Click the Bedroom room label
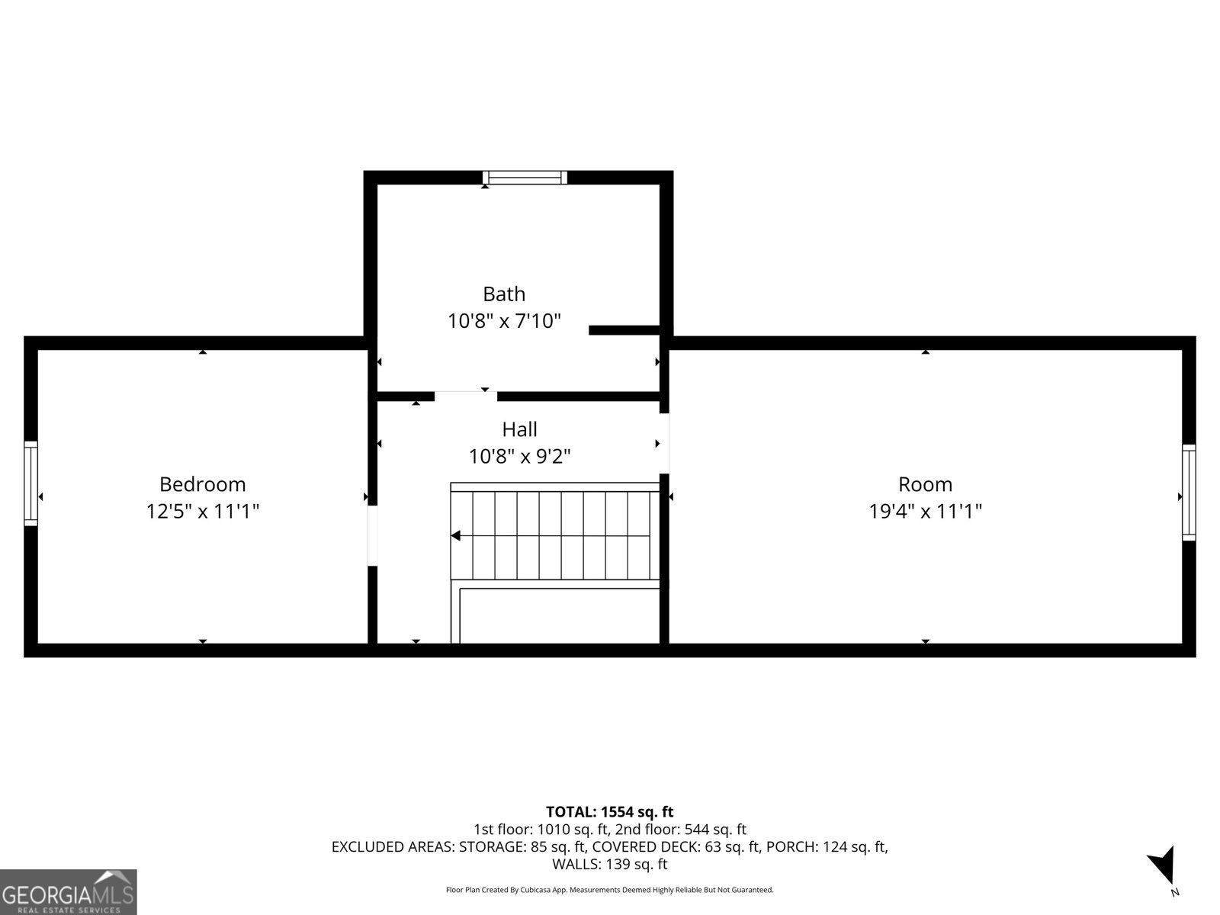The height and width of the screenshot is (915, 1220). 202,484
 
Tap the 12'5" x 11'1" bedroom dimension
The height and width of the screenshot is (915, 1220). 202,511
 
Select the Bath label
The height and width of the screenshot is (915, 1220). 504,294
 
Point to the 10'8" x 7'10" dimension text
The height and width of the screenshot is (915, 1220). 504,321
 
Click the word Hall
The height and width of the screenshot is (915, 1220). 519,429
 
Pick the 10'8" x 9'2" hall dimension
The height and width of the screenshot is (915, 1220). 519,457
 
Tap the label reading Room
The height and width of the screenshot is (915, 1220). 925,484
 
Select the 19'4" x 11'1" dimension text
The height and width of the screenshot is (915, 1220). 925,511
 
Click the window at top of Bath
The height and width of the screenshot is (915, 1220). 525,178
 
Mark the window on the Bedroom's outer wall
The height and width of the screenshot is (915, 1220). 30,483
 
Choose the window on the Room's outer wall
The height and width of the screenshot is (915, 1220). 1189,493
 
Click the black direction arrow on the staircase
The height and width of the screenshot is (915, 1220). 456,536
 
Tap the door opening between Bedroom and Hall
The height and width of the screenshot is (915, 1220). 372,535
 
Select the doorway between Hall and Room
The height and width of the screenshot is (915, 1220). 664,443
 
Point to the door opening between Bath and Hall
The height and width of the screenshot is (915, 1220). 465,395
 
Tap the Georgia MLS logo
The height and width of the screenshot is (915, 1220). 69,891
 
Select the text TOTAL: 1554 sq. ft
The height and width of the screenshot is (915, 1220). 609,812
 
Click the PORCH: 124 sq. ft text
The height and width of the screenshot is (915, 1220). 827,846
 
